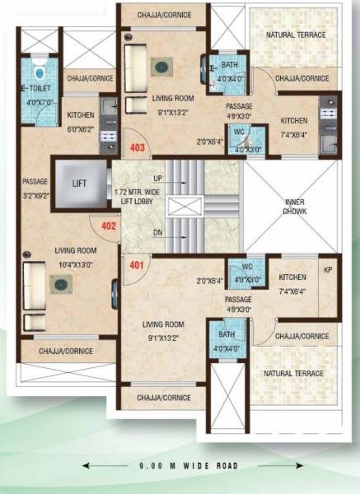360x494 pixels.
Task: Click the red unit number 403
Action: pos(138,148)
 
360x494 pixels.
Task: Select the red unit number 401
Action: pos(136,265)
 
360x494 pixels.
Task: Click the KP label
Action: pos(327,270)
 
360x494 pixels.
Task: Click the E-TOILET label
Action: pos(36,86)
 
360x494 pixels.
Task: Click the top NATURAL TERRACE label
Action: pos(295,35)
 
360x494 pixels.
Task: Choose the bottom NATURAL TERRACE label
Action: pos(295,374)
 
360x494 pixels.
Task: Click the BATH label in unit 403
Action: pos(229,65)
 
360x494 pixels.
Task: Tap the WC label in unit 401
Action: pos(246,267)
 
